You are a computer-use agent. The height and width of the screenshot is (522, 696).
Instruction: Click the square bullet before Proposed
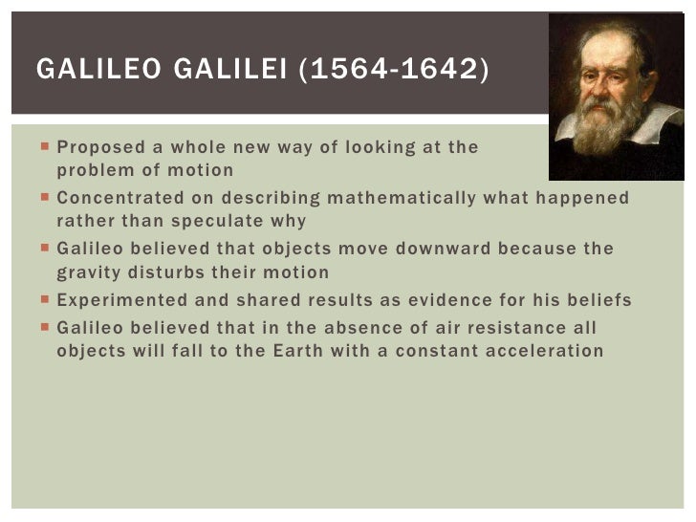click(47, 148)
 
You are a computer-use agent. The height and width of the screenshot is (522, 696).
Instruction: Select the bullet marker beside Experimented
click(47, 301)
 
